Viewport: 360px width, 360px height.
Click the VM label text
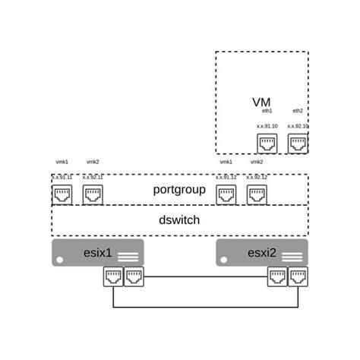click(261, 103)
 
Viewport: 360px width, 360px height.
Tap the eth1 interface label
click(267, 111)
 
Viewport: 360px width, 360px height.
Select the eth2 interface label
click(298, 111)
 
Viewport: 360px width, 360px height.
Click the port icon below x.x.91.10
click(267, 143)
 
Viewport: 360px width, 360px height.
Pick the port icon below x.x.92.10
click(298, 143)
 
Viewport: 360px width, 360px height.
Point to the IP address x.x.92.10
click(298, 126)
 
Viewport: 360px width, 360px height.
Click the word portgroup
click(180, 189)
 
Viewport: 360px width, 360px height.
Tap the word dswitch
click(180, 220)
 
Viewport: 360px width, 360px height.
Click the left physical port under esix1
click(112, 279)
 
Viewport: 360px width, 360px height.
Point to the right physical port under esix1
click(133, 279)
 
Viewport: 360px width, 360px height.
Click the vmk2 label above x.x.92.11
click(93, 162)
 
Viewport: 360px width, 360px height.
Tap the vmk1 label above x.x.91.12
click(226, 162)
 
